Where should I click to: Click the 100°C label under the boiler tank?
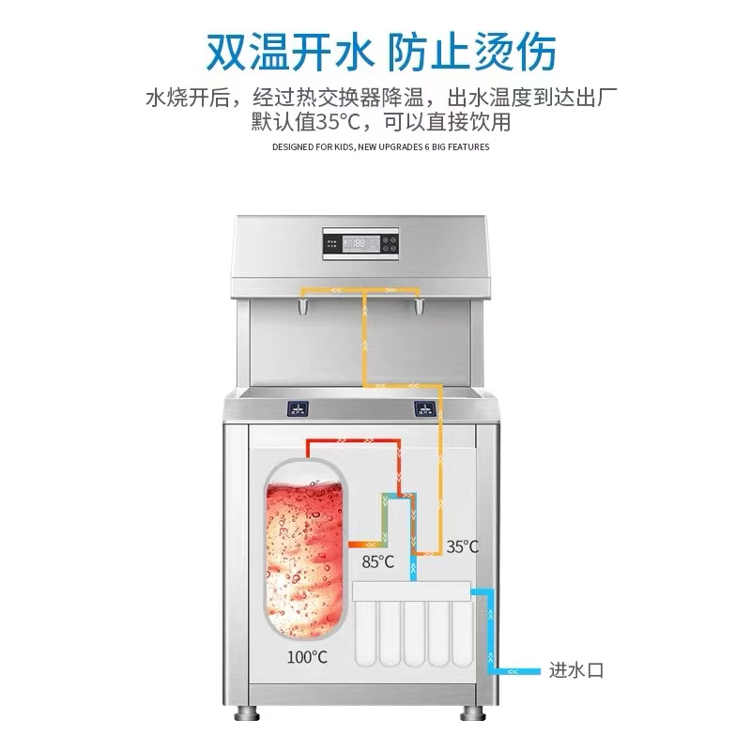[307, 656]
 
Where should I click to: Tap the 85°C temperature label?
[378, 561]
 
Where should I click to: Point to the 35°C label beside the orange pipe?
[462, 546]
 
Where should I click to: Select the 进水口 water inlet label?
[576, 670]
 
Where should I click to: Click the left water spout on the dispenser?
[303, 307]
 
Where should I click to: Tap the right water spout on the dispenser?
[419, 307]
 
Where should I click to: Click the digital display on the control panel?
[361, 244]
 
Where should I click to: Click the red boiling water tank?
[304, 548]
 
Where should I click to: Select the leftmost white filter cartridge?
[365, 633]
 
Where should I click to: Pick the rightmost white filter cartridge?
[462, 633]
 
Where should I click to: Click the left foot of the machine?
[247, 713]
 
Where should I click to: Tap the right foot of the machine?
[473, 713]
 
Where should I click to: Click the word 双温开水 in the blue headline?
[289, 52]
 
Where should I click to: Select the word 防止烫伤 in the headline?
[472, 52]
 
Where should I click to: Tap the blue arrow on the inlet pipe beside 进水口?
[513, 671]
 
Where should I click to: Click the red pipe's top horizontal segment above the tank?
[353, 440]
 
